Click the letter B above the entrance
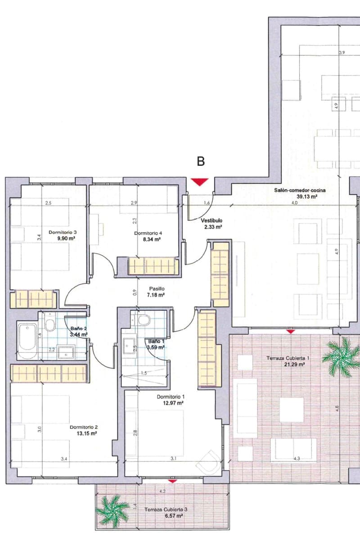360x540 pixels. click(x=201, y=162)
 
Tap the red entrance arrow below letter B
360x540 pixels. click(x=199, y=181)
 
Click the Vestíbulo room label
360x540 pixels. click(x=211, y=221)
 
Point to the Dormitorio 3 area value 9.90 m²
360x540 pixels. click(x=66, y=239)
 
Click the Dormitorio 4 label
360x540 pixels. click(x=148, y=233)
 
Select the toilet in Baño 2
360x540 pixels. click(x=50, y=324)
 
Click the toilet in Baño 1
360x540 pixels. click(x=144, y=320)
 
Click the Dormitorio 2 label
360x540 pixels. click(x=84, y=427)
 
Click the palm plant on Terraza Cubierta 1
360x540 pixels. click(x=344, y=354)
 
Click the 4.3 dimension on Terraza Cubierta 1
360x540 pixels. click(x=297, y=459)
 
